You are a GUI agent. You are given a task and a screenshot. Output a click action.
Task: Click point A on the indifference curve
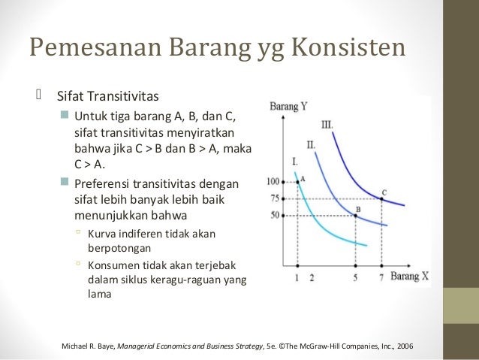click(298, 181)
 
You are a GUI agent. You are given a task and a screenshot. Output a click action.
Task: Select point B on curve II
click(355, 216)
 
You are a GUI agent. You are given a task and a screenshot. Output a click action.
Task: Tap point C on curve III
click(382, 198)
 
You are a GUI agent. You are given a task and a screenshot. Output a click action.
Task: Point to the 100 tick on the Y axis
click(272, 182)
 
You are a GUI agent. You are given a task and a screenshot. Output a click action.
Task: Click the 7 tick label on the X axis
click(381, 277)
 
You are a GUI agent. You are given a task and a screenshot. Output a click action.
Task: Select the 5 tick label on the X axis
click(355, 277)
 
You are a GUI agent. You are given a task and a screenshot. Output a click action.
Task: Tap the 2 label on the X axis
click(311, 277)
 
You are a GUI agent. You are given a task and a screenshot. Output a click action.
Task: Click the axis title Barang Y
click(288, 107)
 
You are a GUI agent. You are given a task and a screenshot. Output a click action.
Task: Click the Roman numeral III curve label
click(327, 124)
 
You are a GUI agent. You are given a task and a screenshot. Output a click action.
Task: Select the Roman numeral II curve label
click(311, 144)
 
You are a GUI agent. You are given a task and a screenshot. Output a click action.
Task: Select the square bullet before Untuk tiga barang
click(64, 115)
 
